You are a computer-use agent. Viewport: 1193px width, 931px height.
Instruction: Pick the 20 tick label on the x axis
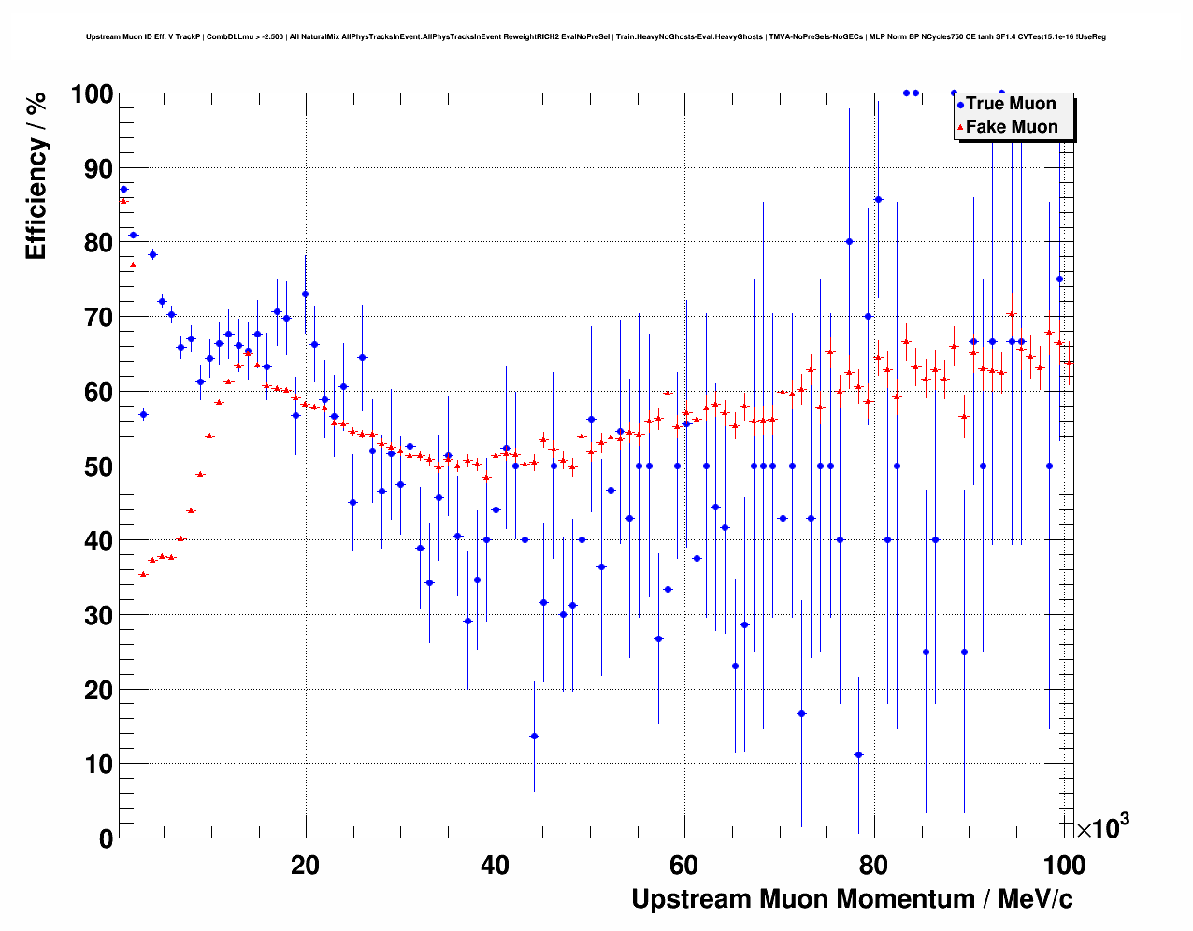[x=305, y=866]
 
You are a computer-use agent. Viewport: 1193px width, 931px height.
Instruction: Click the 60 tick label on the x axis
[x=685, y=866]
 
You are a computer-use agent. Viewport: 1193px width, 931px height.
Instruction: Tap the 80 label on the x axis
[x=875, y=866]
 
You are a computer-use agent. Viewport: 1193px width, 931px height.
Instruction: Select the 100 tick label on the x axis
[x=1064, y=866]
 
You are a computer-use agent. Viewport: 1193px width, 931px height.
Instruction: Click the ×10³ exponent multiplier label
[x=1103, y=826]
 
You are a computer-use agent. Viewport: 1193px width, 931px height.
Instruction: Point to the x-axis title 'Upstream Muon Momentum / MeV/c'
[x=852, y=899]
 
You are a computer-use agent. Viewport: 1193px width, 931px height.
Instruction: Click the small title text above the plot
[x=596, y=37]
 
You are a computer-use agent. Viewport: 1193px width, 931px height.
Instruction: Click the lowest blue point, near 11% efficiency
[x=858, y=755]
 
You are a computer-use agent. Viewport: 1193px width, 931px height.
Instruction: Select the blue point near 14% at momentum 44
[x=534, y=736]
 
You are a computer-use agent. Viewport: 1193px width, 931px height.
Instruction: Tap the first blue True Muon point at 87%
[x=123, y=189]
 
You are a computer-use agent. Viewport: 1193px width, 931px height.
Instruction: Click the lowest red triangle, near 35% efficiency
[x=143, y=574]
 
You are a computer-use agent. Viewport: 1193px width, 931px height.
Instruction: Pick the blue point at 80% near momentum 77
[x=849, y=241]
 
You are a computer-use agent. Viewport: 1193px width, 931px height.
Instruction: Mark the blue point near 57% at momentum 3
[x=143, y=414]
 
